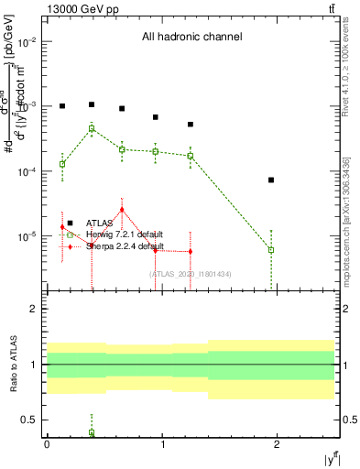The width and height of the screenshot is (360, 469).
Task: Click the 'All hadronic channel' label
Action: tap(191, 38)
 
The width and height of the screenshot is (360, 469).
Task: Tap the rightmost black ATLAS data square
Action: tap(271, 180)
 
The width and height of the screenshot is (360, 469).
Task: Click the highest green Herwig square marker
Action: tap(92, 129)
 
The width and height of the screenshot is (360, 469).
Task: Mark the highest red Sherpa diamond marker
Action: tap(122, 210)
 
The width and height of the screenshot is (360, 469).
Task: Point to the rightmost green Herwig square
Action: tap(271, 249)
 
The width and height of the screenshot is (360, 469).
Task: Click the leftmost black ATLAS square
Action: tap(62, 106)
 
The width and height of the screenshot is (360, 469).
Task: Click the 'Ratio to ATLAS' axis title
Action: tap(11, 365)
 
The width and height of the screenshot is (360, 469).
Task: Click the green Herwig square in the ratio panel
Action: tap(92, 432)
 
